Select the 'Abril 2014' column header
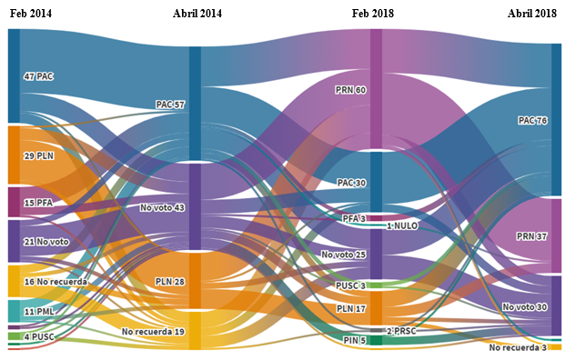coord(197,14)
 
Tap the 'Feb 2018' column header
coord(375,14)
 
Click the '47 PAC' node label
coord(38,77)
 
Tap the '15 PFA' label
coord(38,203)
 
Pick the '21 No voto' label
coord(45,242)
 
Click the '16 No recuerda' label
coord(55,282)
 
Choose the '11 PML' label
coord(38,312)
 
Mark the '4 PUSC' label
coord(40,336)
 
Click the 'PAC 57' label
coord(169,105)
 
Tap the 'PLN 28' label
coord(169,282)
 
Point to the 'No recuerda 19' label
coord(153,332)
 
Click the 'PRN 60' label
coord(350,90)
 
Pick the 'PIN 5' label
coord(355,341)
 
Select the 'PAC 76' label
coord(532,120)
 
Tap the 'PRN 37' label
coord(532,236)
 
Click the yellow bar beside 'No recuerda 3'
coord(555,347)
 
